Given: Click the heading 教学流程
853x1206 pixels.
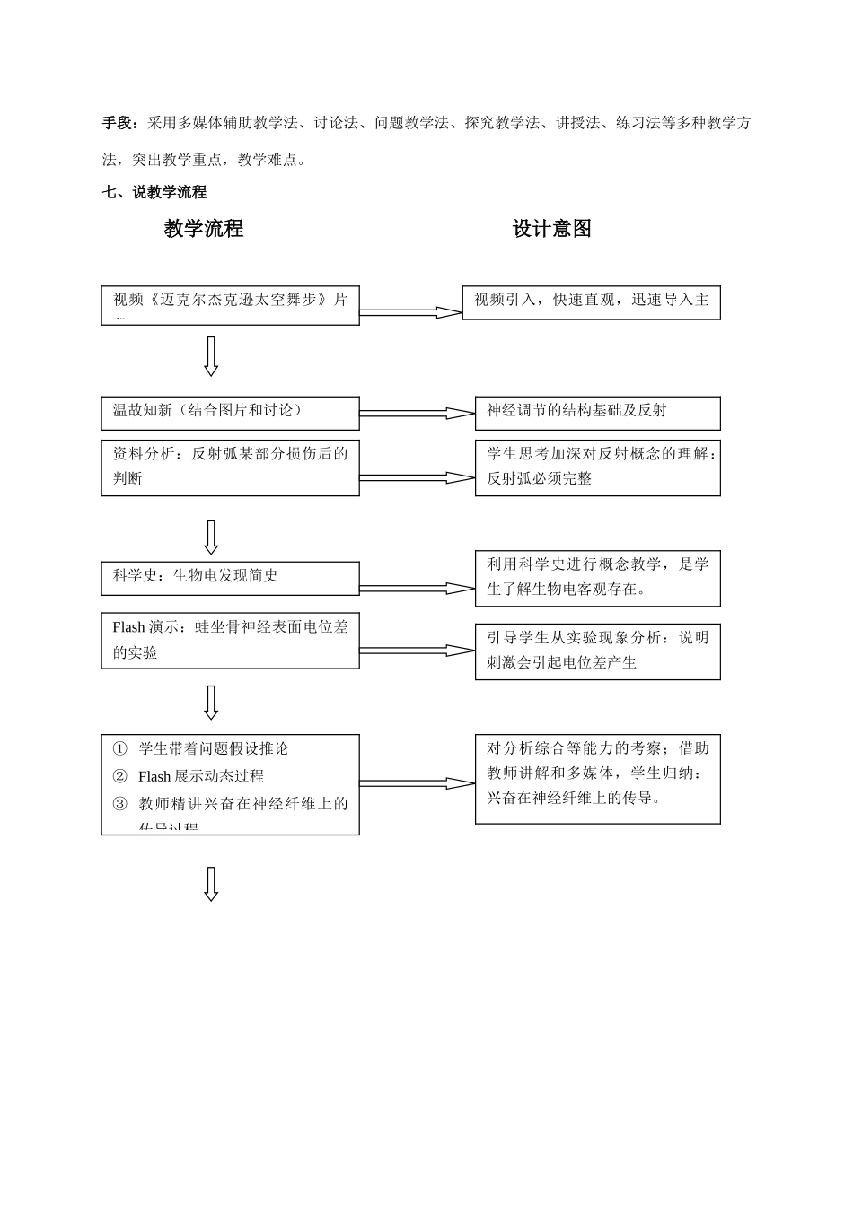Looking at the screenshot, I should [x=204, y=229].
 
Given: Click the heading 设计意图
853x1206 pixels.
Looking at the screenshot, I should [x=551, y=229].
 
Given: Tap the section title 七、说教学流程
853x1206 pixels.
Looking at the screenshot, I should [x=154, y=192].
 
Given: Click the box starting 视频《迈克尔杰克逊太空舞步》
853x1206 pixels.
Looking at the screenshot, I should [x=230, y=305].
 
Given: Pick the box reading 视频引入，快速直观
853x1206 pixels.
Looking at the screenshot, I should [x=591, y=302].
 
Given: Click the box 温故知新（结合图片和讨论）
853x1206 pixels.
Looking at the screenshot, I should [x=230, y=413].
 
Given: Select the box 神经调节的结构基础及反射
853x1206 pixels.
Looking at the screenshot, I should [x=597, y=413].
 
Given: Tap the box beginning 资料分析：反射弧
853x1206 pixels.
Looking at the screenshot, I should [x=230, y=466].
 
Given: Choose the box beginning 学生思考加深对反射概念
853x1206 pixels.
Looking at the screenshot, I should [x=597, y=466].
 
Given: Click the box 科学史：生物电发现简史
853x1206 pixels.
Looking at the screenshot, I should [x=230, y=578].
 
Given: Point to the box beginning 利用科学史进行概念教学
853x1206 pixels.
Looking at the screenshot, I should [x=597, y=578].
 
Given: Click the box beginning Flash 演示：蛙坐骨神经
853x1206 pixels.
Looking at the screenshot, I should [x=230, y=640].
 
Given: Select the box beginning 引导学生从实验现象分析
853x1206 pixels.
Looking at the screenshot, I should [x=597, y=651].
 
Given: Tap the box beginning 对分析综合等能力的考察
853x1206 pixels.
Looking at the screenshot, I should [x=597, y=778].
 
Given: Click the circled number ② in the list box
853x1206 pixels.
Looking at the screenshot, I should [x=120, y=776].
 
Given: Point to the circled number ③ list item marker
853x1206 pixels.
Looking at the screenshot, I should [x=120, y=804].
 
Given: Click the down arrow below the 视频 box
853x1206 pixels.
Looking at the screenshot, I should [x=211, y=356].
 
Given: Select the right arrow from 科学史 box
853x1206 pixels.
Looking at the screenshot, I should [x=417, y=589].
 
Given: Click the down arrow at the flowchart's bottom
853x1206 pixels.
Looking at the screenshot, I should [x=211, y=883].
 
